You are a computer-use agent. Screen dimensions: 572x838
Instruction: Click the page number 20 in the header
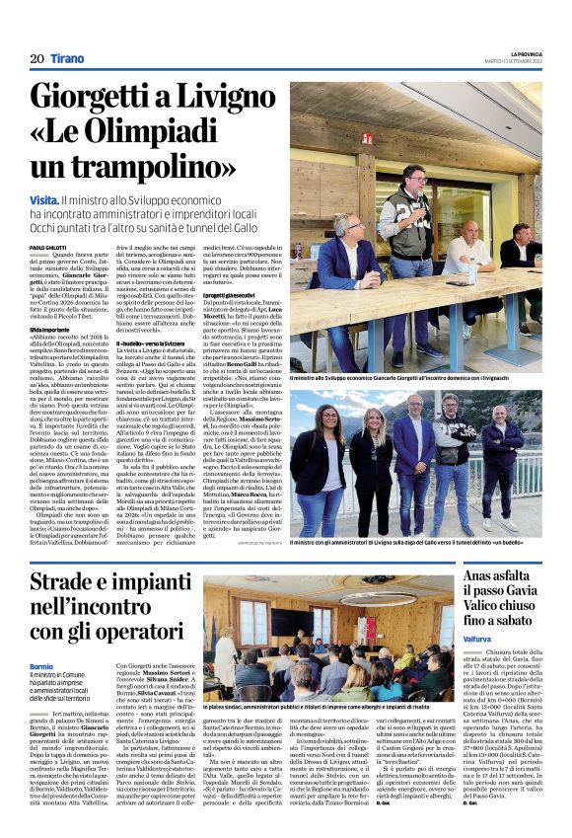point(36,59)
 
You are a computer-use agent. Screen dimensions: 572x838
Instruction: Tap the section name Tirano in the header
point(68,59)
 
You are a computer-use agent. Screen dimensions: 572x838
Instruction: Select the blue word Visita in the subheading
point(48,200)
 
